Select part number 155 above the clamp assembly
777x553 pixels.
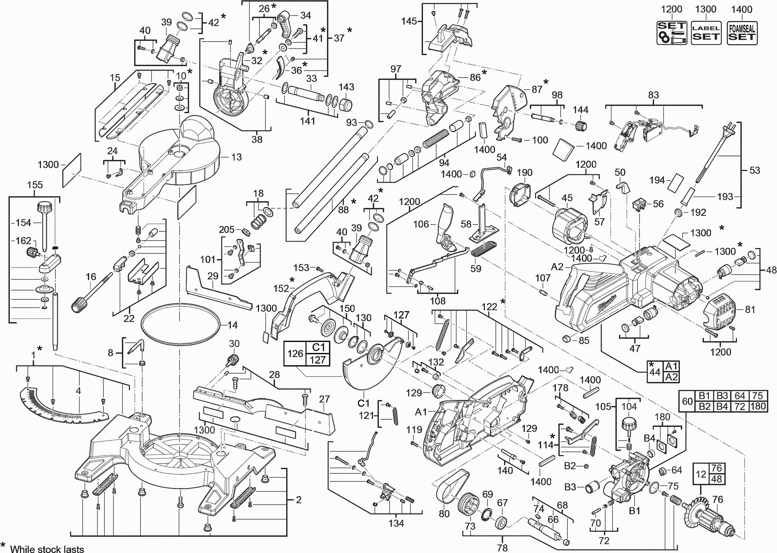(35, 185)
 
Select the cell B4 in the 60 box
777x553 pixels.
(722, 406)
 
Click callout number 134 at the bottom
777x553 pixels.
(396, 523)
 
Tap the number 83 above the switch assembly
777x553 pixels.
(653, 95)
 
